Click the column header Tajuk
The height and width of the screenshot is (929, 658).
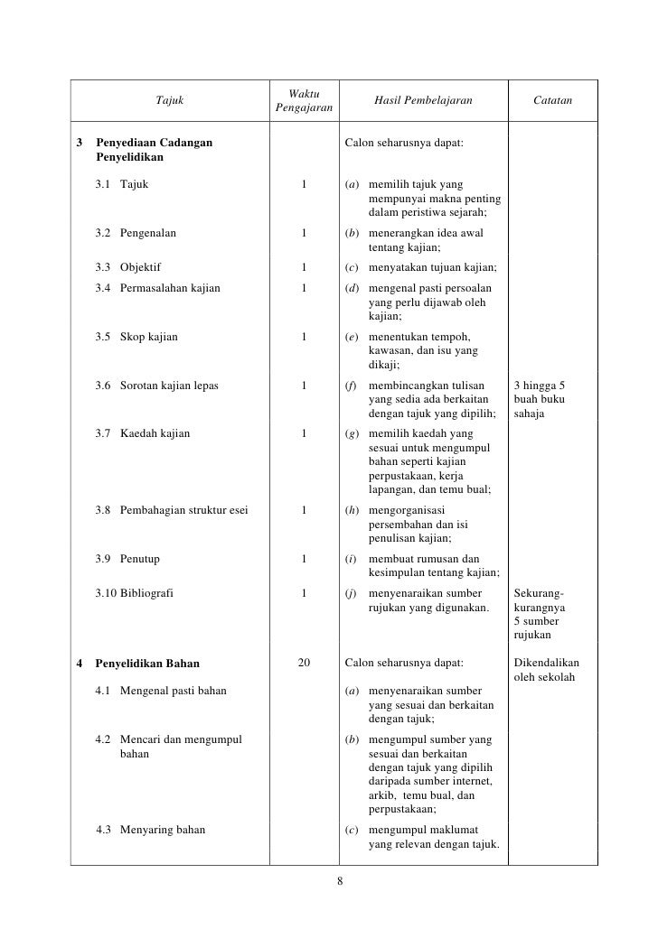tap(170, 101)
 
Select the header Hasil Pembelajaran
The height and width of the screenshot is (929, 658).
tap(423, 101)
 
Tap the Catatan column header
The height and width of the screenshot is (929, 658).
tap(551, 101)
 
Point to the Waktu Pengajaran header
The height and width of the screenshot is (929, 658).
tap(303, 101)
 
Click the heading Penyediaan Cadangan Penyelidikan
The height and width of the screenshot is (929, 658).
tap(154, 151)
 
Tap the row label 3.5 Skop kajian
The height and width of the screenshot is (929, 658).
tap(136, 338)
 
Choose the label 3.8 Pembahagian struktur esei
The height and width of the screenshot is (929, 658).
tap(172, 510)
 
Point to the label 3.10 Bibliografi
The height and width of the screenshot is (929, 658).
tap(136, 594)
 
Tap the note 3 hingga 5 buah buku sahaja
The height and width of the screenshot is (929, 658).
tap(541, 399)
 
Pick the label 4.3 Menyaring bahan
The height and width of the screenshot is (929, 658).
tap(150, 831)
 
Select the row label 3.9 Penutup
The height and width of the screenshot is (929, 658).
tap(127, 559)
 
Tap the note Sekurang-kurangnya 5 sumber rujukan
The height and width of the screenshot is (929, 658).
tap(540, 615)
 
